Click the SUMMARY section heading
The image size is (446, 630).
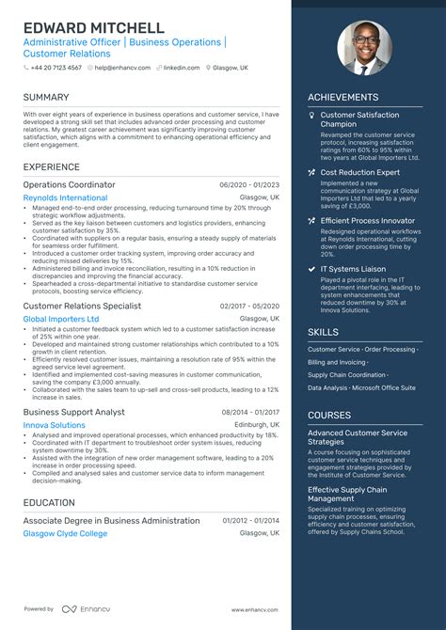(x=47, y=97)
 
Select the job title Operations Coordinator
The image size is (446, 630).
(x=69, y=185)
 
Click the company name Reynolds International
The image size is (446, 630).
(x=65, y=198)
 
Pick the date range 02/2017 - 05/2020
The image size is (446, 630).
(x=249, y=306)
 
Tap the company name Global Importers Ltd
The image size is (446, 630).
(x=60, y=319)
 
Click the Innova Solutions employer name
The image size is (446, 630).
(x=54, y=425)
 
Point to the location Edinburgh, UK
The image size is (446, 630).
(x=256, y=425)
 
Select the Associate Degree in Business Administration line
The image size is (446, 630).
(x=109, y=520)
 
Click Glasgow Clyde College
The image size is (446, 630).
(x=65, y=533)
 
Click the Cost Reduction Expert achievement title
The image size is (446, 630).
(x=360, y=173)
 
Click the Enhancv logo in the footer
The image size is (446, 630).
(x=82, y=609)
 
